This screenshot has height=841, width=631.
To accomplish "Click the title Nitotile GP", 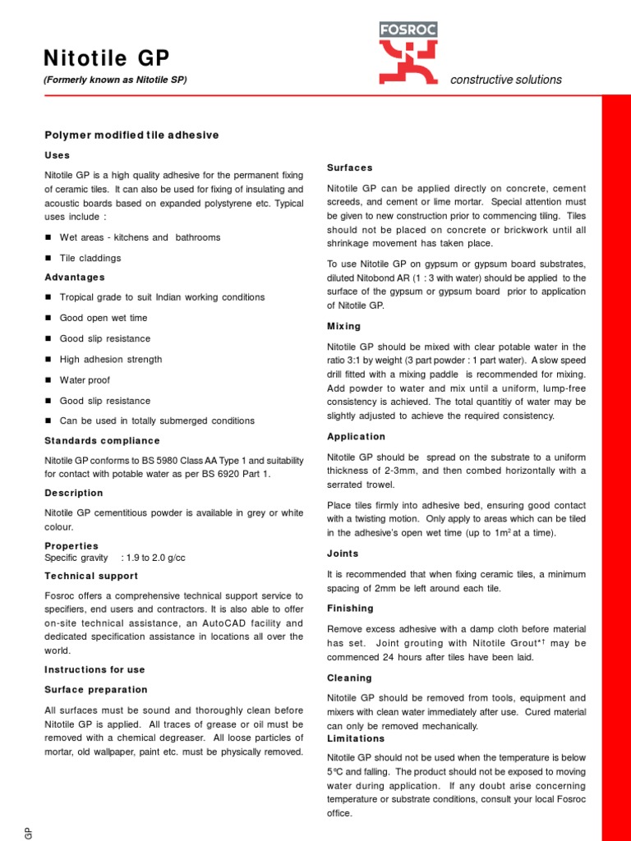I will click(107, 57).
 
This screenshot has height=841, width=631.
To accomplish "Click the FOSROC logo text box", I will click(408, 30).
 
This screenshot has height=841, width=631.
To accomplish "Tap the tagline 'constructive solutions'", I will click(506, 80).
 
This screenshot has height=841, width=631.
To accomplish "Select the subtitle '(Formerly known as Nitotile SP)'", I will click(115, 80).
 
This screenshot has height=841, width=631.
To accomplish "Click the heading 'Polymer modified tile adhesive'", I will click(131, 135).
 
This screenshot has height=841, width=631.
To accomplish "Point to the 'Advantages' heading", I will click(75, 278).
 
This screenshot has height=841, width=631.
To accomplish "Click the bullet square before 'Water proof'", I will click(48, 380).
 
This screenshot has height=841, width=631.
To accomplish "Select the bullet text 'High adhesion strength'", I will click(111, 360).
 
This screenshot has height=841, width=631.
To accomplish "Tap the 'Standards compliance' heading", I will click(102, 441).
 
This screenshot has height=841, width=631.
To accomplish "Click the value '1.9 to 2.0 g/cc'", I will click(153, 558).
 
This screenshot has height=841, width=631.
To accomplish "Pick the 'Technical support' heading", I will click(91, 577).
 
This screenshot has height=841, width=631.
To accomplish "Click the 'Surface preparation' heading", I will click(96, 690).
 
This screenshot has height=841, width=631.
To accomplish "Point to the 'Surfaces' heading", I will click(350, 168).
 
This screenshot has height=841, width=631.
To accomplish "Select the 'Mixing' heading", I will click(343, 327).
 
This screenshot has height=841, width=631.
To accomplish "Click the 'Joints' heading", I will click(343, 554).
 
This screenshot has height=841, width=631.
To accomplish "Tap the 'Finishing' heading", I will click(350, 609).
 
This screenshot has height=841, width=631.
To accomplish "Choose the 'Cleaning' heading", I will click(349, 678).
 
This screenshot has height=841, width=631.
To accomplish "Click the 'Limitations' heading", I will click(356, 739).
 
